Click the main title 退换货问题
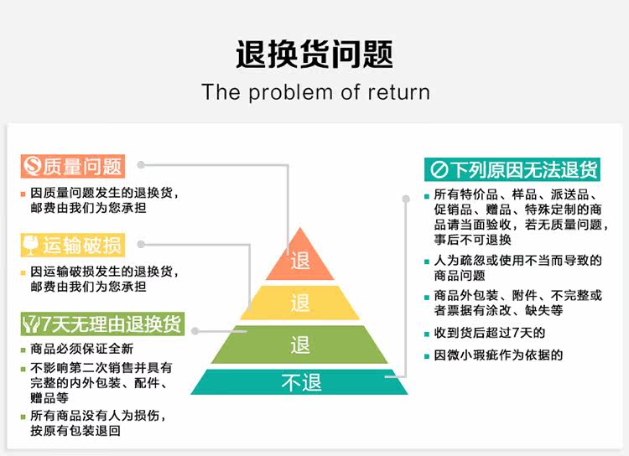click(x=314, y=54)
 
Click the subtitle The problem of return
click(x=315, y=91)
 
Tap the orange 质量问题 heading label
click(x=72, y=166)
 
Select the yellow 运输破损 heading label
click(x=72, y=245)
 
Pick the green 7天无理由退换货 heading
click(x=102, y=323)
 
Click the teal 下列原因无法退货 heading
click(x=514, y=169)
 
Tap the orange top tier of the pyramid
click(x=300, y=261)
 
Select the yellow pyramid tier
click(x=300, y=303)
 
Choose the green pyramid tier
click(x=300, y=345)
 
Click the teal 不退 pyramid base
click(x=300, y=383)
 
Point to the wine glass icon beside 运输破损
click(x=33, y=245)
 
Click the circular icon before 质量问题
click(x=33, y=166)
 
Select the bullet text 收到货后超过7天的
click(x=490, y=333)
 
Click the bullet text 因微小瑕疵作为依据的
click(x=498, y=355)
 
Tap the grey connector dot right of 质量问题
click(x=142, y=165)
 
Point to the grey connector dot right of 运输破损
click(x=142, y=245)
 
